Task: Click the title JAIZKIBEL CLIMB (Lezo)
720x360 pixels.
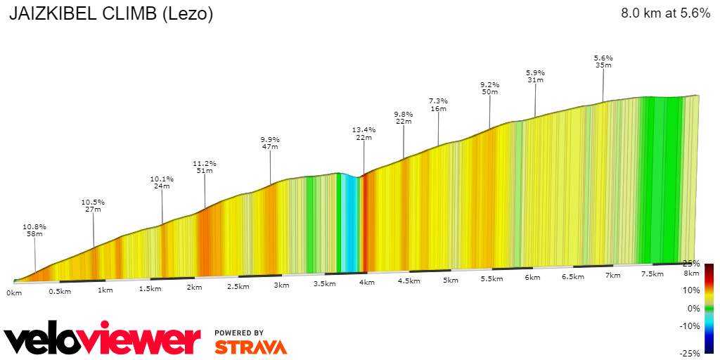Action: point(111,14)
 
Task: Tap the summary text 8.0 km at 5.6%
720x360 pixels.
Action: point(665,13)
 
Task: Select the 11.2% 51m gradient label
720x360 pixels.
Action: point(205,167)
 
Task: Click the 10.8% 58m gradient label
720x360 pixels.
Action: point(34,231)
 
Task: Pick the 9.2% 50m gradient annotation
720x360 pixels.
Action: point(489,88)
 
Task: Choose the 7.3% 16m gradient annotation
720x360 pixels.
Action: point(439,105)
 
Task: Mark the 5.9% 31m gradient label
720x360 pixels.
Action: point(535,76)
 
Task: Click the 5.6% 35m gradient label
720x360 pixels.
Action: point(603,61)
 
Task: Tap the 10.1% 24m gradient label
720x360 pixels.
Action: point(162,182)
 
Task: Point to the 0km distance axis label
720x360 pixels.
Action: point(15,292)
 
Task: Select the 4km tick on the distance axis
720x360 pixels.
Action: point(366,282)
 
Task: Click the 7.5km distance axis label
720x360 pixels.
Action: point(653,274)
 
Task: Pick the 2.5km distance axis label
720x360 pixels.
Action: point(238,286)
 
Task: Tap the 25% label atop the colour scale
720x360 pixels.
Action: point(690,264)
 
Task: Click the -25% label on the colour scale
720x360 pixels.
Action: point(689,353)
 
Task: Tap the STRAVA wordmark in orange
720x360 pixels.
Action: point(250,347)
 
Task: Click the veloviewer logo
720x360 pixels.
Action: point(103,340)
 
